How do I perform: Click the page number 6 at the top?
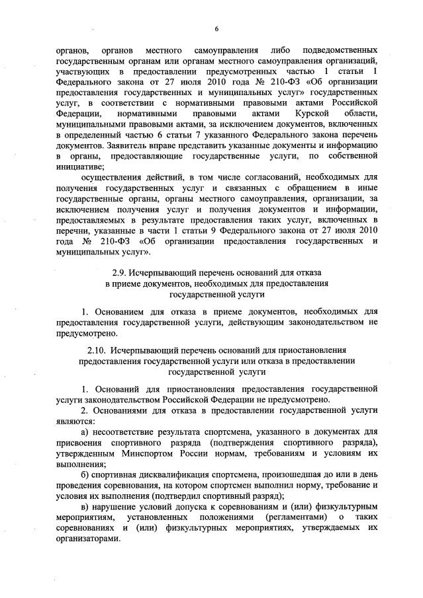coord(216,28)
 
